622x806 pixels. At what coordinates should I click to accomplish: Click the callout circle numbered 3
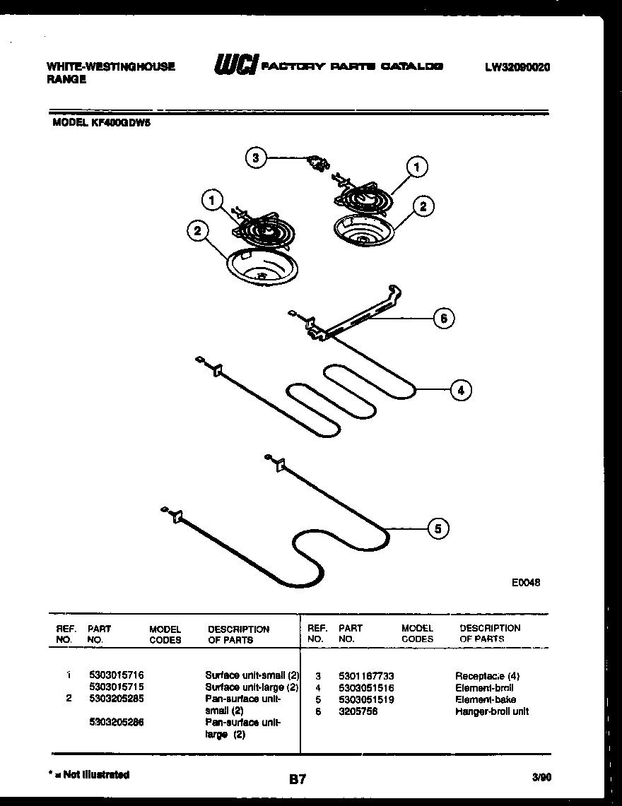pos(257,158)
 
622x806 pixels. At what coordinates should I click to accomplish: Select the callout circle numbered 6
pos(443,319)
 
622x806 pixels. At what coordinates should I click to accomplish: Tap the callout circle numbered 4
pos(460,390)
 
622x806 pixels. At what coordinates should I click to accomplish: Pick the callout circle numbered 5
pos(438,528)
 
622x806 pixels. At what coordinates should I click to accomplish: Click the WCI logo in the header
pos(235,66)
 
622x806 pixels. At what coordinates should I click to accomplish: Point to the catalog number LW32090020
pos(517,67)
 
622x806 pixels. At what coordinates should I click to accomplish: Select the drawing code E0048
pos(526,583)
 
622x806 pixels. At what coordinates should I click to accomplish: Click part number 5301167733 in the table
pos(366,676)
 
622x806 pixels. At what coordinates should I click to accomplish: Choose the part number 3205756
pos(358,711)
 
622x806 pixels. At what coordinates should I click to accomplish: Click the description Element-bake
pos(486,699)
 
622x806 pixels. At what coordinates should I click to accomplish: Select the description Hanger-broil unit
pos(492,711)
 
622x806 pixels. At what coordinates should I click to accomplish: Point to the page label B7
pos(298,779)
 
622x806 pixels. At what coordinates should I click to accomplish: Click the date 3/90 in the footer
pos(541,777)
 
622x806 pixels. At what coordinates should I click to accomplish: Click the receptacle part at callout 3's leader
pos(316,164)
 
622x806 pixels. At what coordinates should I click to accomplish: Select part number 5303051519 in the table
pos(366,699)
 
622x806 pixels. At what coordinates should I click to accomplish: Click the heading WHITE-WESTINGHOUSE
pos(110,67)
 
